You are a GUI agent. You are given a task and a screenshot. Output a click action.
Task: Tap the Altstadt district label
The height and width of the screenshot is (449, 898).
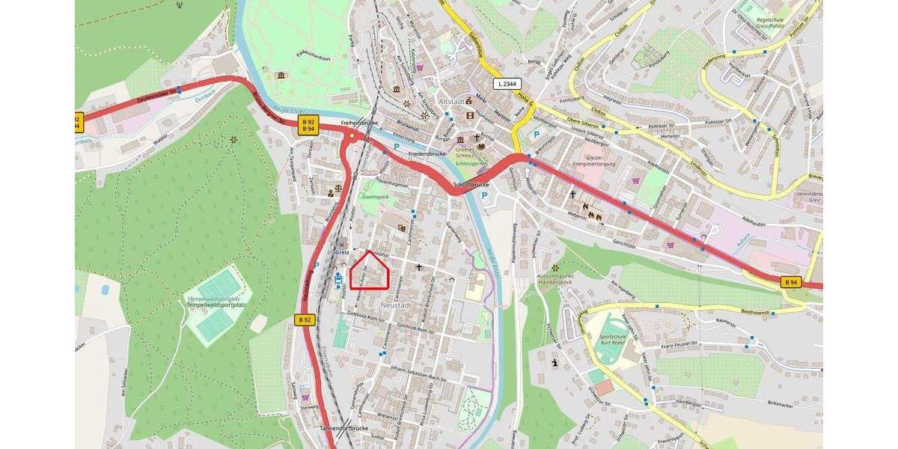(453, 100)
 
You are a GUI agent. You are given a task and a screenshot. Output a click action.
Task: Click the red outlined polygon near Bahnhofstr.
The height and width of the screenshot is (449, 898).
(370, 271)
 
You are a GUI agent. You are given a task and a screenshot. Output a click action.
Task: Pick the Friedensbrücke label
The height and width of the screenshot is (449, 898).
(427, 153)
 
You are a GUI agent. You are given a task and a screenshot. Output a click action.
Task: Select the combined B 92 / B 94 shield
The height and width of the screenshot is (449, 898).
(308, 124)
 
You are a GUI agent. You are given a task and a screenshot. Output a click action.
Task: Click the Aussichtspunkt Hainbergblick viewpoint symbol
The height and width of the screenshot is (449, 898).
(555, 267)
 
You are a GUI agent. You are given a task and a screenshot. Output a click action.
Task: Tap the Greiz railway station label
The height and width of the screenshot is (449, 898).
(342, 252)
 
